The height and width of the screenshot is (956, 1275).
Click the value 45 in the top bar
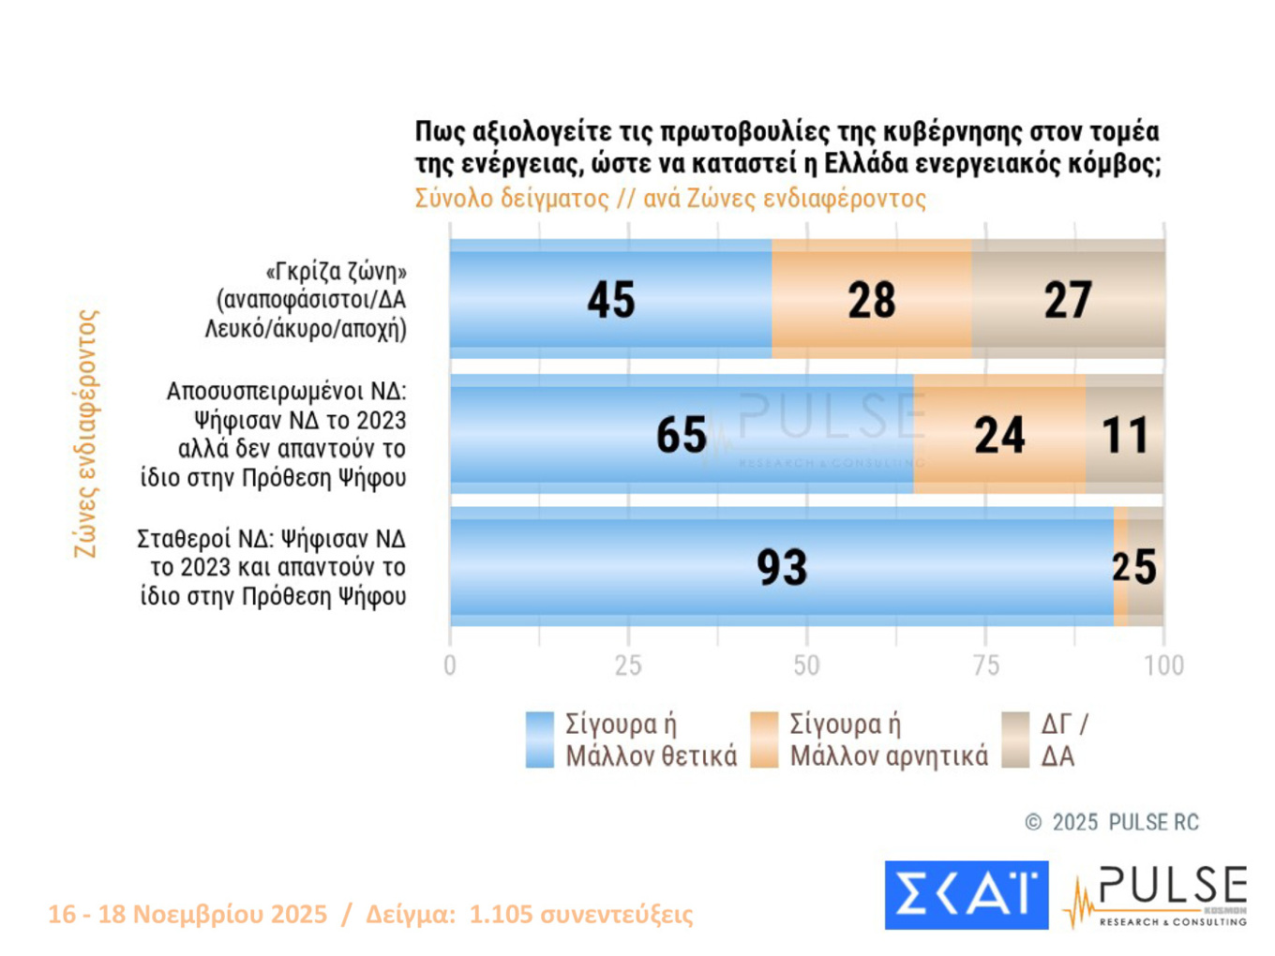point(611,300)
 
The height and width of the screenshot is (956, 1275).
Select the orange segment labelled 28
point(871,300)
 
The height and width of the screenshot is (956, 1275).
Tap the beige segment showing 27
point(1068,300)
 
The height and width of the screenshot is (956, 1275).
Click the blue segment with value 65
point(682,435)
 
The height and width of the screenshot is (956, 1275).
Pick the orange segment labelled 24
point(999,435)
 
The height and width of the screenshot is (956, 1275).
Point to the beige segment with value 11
point(1125,435)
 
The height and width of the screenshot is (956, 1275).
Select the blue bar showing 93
point(781,567)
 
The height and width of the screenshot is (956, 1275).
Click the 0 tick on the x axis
point(450,665)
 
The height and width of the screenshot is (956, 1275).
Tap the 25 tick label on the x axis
point(628,665)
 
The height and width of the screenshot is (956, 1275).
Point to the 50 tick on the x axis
point(806,665)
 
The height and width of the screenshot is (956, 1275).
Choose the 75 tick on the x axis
point(985,665)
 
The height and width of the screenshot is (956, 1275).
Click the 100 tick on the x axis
point(1163,665)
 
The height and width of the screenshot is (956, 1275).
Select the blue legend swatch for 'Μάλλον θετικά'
point(540,739)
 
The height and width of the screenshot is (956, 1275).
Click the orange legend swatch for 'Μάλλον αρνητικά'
point(764,739)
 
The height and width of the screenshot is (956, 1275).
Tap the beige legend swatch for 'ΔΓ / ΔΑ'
point(1015,739)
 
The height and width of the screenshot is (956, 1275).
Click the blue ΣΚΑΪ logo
point(966,895)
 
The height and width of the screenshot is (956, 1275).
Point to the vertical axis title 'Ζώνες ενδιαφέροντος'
point(85,434)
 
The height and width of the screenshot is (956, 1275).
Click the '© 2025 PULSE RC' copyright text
point(1112,822)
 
